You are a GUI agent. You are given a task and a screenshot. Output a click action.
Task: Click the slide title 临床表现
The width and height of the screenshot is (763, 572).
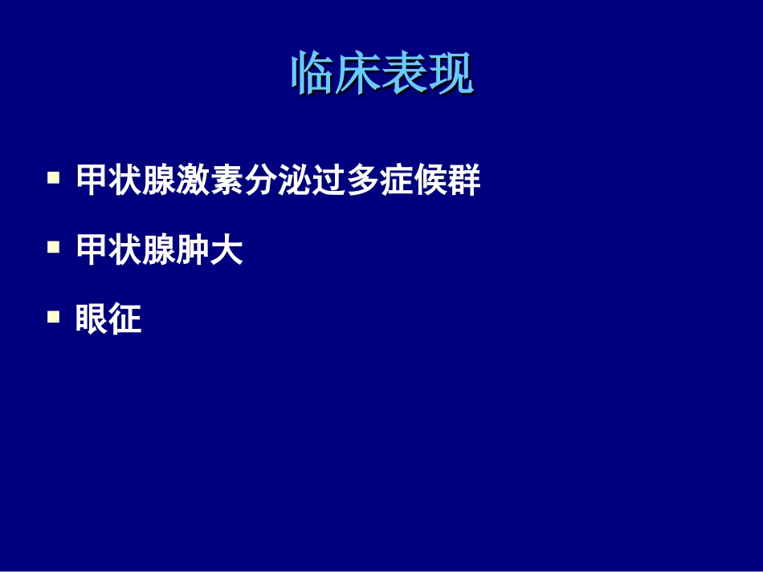click(x=381, y=75)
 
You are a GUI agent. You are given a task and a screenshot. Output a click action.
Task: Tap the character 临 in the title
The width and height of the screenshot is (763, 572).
click(x=312, y=75)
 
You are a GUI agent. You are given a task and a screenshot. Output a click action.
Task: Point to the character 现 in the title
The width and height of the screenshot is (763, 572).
click(x=451, y=75)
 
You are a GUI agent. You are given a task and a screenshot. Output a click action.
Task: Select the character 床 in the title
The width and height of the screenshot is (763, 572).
click(x=358, y=75)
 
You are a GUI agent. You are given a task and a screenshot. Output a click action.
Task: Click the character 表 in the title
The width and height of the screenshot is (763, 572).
click(x=404, y=75)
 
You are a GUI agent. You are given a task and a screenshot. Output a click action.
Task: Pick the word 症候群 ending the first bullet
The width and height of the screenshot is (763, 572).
click(x=430, y=181)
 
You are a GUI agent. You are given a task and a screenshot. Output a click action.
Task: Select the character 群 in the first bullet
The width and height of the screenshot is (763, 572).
click(x=464, y=181)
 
